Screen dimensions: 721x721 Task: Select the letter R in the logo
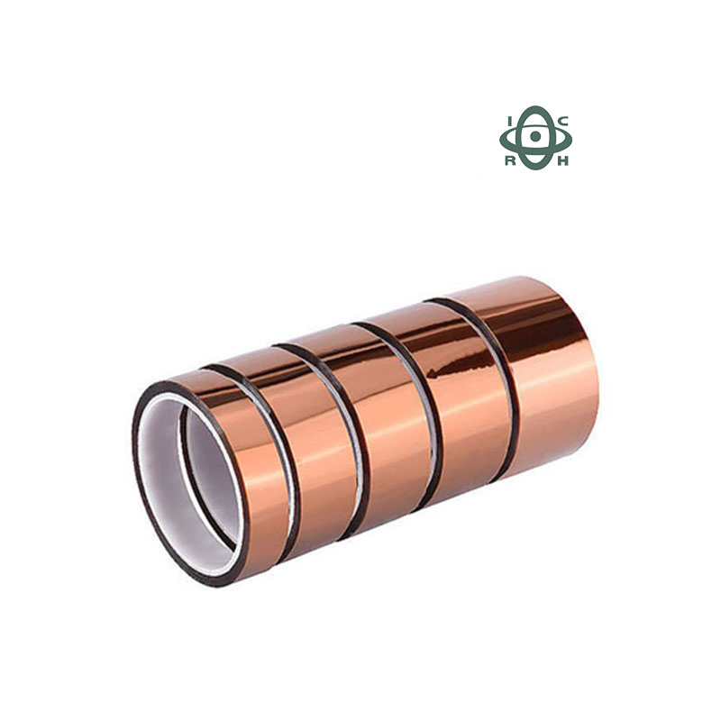tap(510, 161)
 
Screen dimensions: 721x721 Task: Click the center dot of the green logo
tap(536, 136)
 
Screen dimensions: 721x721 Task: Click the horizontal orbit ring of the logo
tap(506, 139)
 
